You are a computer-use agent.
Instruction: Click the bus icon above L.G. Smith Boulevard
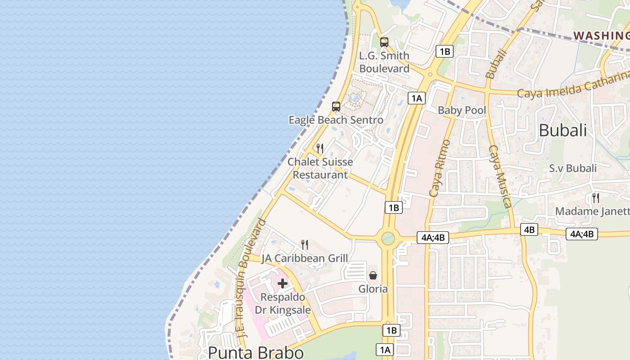point(384,42)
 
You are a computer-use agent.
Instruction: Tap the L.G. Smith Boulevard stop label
point(384,62)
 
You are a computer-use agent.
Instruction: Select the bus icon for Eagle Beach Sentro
point(336,107)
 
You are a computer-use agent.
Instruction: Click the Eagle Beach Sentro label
point(336,120)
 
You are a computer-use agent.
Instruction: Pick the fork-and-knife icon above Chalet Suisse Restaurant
point(320,148)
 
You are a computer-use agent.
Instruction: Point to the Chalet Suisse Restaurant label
point(320,168)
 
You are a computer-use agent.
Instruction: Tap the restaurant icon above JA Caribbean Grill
point(305,245)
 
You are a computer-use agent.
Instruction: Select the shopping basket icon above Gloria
point(373,275)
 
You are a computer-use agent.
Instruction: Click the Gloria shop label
point(373,289)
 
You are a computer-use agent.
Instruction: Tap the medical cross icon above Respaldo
point(283,283)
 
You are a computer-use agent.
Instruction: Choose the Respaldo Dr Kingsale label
point(283,304)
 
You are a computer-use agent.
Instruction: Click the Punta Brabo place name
point(256,352)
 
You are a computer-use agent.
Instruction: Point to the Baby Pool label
point(462,110)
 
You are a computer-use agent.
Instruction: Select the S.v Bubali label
point(572,168)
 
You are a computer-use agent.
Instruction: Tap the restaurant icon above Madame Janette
point(595,198)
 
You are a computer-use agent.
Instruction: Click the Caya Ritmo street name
point(440,168)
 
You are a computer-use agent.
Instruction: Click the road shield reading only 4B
point(529,229)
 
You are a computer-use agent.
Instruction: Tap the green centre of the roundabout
point(387,238)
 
